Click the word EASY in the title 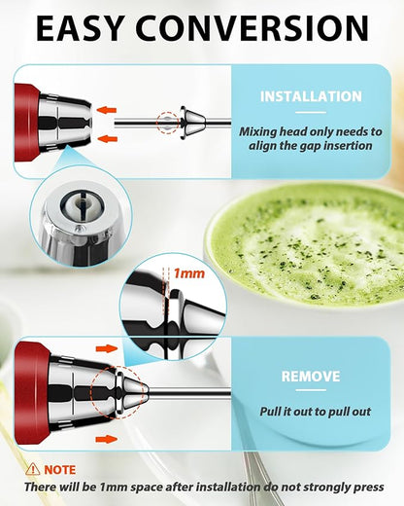(89, 29)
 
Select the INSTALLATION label (312, 96)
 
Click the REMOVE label (310, 376)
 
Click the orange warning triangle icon (33, 468)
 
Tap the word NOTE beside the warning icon (61, 468)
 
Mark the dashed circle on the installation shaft (169, 124)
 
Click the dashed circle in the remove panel (115, 393)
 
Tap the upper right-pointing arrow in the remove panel (106, 347)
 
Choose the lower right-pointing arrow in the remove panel (106, 438)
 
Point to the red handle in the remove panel (32, 392)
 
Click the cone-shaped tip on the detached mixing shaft (193, 124)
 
